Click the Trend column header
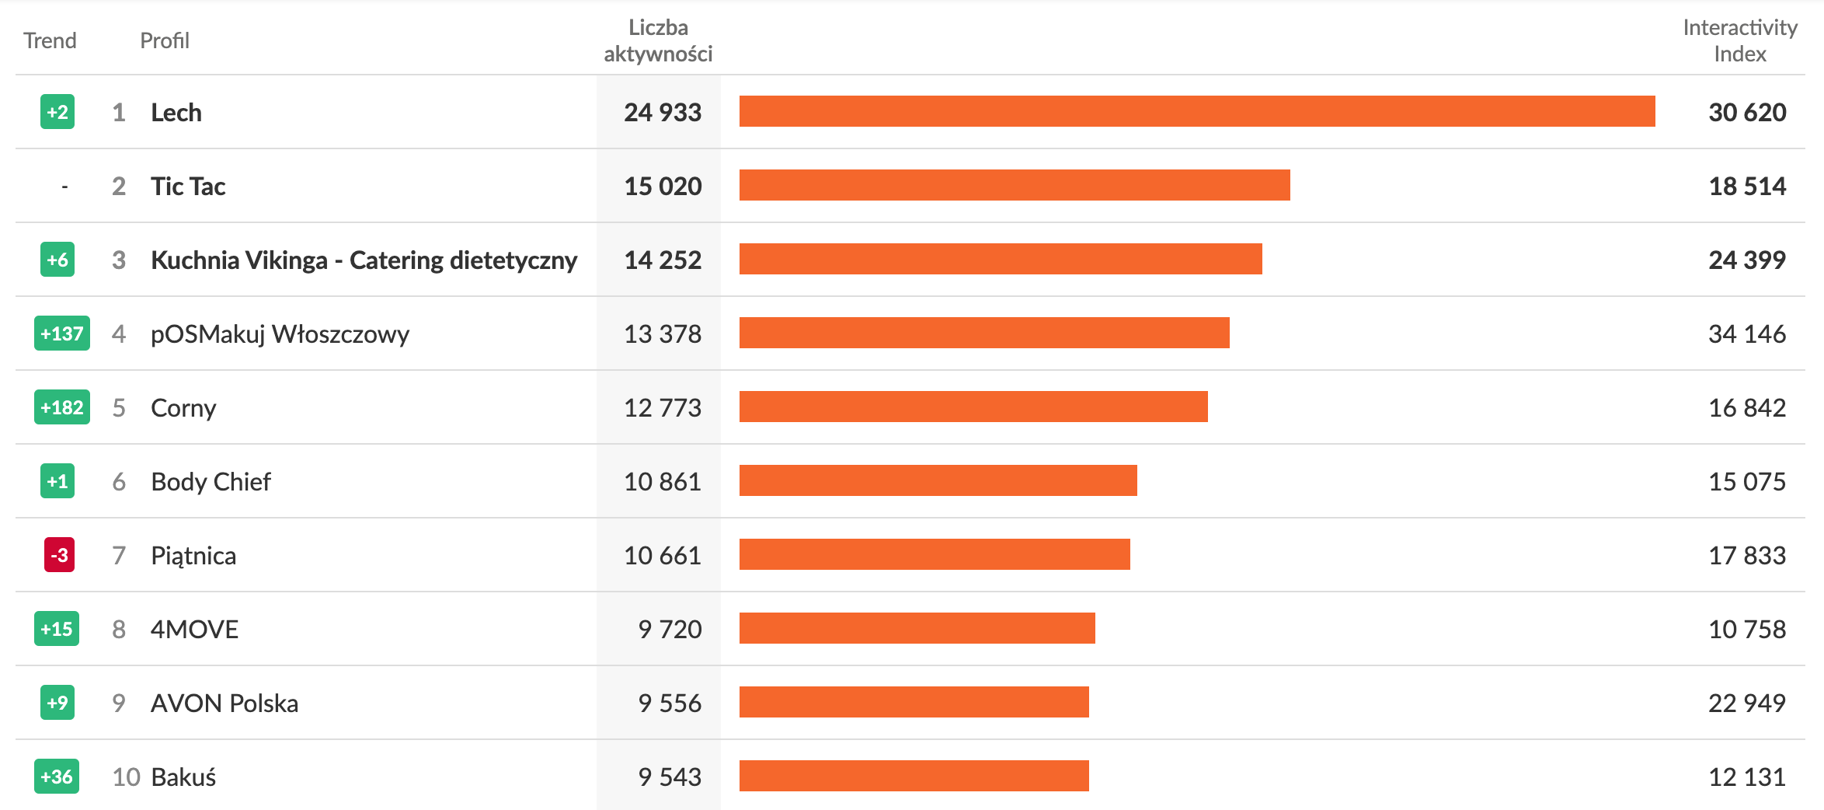[x=50, y=40]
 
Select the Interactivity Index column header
[x=1739, y=40]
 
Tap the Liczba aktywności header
[x=657, y=40]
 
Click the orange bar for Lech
[x=1196, y=111]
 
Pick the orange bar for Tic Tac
[x=1014, y=185]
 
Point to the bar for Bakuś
[x=914, y=776]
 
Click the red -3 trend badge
[x=59, y=555]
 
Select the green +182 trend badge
[x=62, y=407]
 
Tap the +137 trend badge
[x=62, y=333]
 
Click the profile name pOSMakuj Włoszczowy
[x=280, y=334]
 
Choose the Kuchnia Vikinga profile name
[x=364, y=260]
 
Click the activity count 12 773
[x=663, y=407]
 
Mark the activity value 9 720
[x=670, y=629]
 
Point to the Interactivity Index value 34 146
[x=1746, y=333]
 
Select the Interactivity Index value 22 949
[x=1746, y=703]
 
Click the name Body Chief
[x=211, y=482]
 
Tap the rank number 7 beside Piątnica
[x=119, y=555]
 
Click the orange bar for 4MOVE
[x=917, y=628]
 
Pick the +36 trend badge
[x=57, y=777]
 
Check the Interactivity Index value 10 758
[x=1746, y=629]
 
